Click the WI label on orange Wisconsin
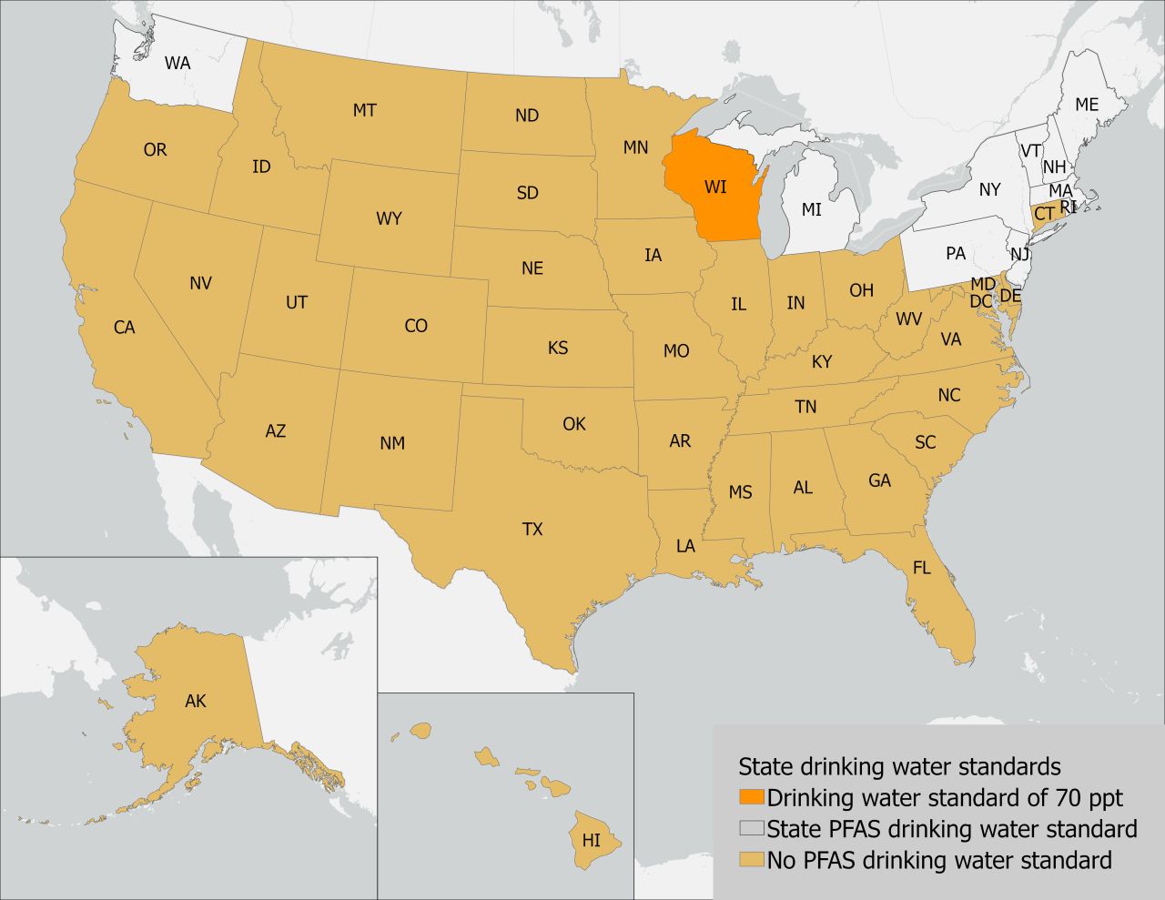point(715,187)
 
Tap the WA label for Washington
point(177,63)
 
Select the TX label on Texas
point(532,528)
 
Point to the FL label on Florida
point(922,568)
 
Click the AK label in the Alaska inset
point(196,701)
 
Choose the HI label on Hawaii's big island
point(592,840)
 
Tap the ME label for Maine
point(1087,105)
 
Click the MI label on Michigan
point(811,209)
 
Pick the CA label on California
point(125,328)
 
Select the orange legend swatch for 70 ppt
point(752,798)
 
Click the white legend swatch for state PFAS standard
point(752,829)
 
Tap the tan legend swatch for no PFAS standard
point(752,860)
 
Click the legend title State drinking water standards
point(899,765)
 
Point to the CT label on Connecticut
point(1044,214)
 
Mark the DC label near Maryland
point(980,301)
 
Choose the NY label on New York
point(989,189)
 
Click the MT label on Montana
point(364,110)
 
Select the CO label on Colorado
point(416,326)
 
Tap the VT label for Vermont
point(1030,150)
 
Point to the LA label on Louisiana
point(685,546)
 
